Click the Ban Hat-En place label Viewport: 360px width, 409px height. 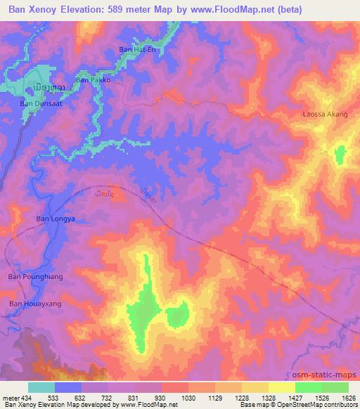(x=137, y=49)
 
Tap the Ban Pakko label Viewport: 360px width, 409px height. (x=93, y=80)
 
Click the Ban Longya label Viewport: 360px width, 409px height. (x=55, y=219)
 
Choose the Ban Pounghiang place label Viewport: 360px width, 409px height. (x=35, y=277)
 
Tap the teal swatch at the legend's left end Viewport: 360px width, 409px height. (x=41, y=387)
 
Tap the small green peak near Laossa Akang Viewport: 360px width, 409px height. (x=340, y=155)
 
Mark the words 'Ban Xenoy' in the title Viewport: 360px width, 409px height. (x=31, y=11)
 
